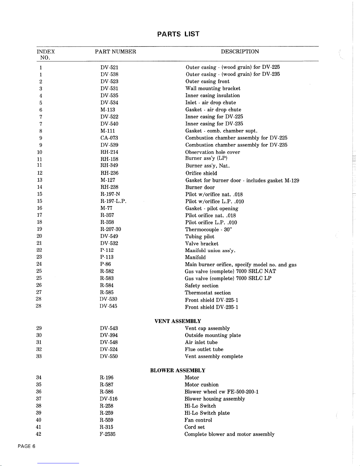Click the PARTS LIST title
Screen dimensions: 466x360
pyautogui.click(x=178, y=34)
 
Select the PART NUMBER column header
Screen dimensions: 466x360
pyautogui.click(x=115, y=52)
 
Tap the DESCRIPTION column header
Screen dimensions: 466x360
pyautogui.click(x=240, y=52)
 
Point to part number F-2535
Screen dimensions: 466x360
pyautogui.click(x=108, y=434)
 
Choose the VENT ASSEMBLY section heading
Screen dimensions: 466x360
pyautogui.click(x=178, y=321)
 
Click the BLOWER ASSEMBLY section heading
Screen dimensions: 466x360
pyautogui.click(x=178, y=370)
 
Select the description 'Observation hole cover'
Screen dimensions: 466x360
pyautogui.click(x=212, y=152)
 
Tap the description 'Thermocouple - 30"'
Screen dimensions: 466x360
pyautogui.click(x=209, y=230)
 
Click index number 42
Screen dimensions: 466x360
pyautogui.click(x=38, y=434)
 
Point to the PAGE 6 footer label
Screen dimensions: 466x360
pyautogui.click(x=26, y=446)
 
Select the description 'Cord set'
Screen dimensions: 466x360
pyautogui.click(x=195, y=427)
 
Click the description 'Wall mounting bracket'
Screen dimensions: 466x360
pyautogui.click(x=213, y=88)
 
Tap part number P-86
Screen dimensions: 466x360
pyautogui.click(x=106, y=264)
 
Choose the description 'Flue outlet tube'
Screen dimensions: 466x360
pyautogui.click(x=204, y=350)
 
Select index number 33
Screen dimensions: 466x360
pyautogui.click(x=39, y=356)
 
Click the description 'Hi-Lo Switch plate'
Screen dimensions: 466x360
pyautogui.click(x=207, y=413)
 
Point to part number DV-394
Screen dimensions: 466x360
pyautogui.click(x=109, y=335)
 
